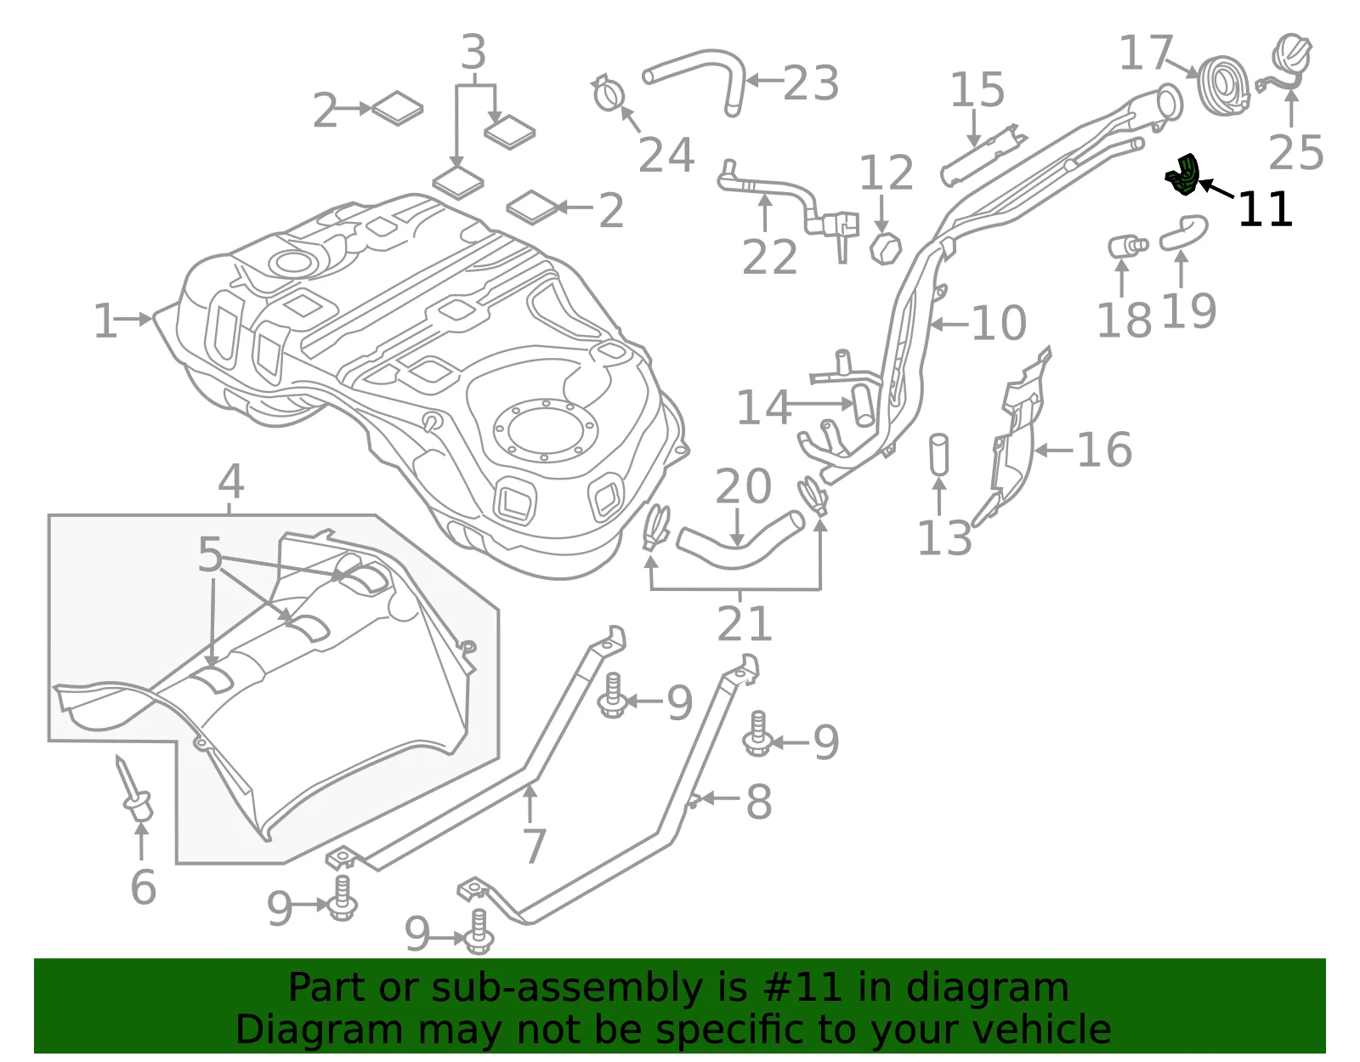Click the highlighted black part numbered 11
[x=1184, y=176]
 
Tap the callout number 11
[x=1265, y=210]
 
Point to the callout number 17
[x=1145, y=53]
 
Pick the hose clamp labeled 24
[x=609, y=94]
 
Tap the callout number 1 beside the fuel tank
[x=105, y=321]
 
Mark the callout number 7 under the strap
[x=535, y=845]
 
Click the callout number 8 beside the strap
[x=759, y=802]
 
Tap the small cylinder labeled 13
[x=938, y=454]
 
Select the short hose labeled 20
[x=739, y=539]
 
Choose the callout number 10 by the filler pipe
[x=999, y=323]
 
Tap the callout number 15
[x=977, y=89]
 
